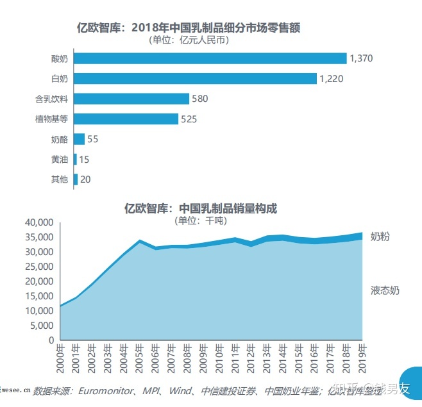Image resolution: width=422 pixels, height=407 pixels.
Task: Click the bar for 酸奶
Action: pos(210,58)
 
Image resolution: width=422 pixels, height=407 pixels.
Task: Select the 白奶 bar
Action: pos(195,78)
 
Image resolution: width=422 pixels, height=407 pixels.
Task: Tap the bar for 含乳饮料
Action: pos(131,99)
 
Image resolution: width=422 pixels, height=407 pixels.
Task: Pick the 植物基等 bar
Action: pos(126,119)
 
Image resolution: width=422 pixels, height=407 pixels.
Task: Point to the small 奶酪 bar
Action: pos(79,139)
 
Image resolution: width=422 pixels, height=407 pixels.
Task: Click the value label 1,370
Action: pos(361,58)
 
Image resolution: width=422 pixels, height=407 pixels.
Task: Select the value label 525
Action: pos(189,119)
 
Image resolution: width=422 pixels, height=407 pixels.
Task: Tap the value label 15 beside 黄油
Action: pos(84,159)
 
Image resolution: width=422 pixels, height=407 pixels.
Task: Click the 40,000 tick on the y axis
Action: pos(39,222)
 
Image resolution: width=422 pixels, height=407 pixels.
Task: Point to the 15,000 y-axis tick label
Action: pos(39,295)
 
